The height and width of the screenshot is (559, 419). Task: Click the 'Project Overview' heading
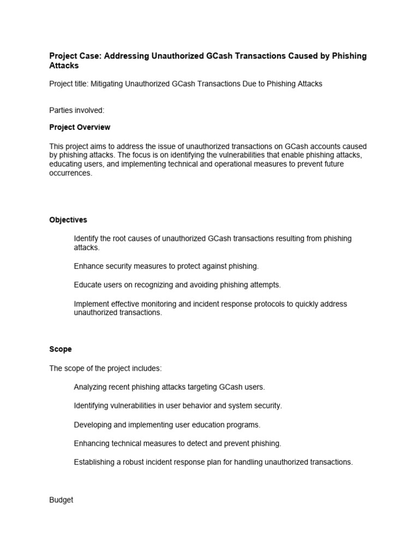coord(80,127)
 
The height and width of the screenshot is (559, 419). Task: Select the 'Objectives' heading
coord(68,220)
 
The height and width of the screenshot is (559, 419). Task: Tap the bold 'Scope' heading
coord(61,349)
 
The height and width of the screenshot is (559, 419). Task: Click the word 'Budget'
coord(61,500)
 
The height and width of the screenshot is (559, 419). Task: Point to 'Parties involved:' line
coord(77,110)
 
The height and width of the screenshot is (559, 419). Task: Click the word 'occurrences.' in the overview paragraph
coord(71,174)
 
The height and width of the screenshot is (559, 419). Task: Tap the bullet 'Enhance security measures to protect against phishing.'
coord(166,266)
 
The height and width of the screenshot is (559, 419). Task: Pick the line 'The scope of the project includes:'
coord(105,368)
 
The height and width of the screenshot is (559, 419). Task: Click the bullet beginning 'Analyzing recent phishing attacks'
coord(169,387)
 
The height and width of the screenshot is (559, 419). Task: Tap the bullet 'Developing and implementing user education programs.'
coord(167,425)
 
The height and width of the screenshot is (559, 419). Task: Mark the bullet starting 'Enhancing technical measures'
coord(177,443)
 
